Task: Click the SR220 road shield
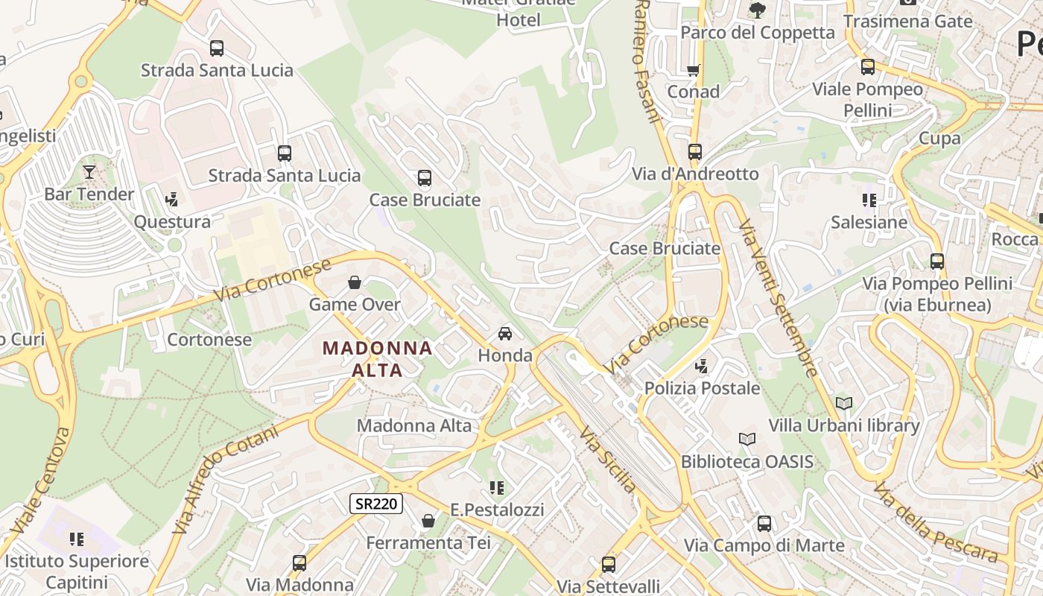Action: (376, 504)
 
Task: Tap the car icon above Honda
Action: (505, 333)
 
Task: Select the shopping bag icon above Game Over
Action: (355, 282)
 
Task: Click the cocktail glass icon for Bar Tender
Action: (89, 172)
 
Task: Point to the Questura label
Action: (172, 222)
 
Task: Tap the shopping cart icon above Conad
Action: (694, 71)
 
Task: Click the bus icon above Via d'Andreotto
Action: (695, 152)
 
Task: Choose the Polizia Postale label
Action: (702, 388)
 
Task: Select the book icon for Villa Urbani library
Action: (843, 404)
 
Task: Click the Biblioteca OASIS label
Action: (747, 462)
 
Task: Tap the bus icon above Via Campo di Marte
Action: (764, 524)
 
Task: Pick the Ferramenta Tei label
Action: (428, 543)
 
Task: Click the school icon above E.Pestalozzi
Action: (497, 488)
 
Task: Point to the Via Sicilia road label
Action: (609, 460)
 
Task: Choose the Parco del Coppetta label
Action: (758, 32)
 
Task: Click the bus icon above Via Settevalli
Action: (609, 564)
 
